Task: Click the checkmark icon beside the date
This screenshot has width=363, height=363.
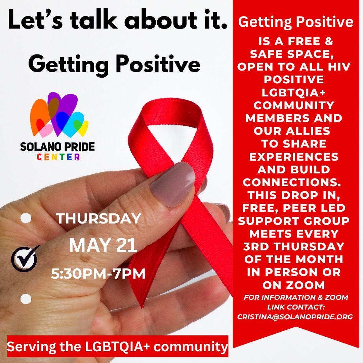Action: coord(24,259)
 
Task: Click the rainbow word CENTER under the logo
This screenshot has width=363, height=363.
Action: coord(58,157)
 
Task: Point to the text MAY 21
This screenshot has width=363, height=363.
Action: coord(103,245)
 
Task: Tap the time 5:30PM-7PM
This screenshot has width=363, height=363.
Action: coord(98,274)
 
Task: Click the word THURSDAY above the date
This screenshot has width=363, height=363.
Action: coord(98,218)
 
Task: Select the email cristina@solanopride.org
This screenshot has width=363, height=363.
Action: coord(295,317)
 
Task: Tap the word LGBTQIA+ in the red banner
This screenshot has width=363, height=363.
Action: coord(294,93)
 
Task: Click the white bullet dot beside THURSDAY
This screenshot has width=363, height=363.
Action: coord(26,218)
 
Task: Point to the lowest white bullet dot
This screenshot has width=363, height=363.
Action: coord(26,299)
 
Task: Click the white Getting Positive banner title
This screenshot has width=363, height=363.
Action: coord(296,22)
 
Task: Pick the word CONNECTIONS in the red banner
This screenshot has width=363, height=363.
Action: coord(292,183)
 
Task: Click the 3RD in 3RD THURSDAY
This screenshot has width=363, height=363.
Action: coord(256,246)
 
